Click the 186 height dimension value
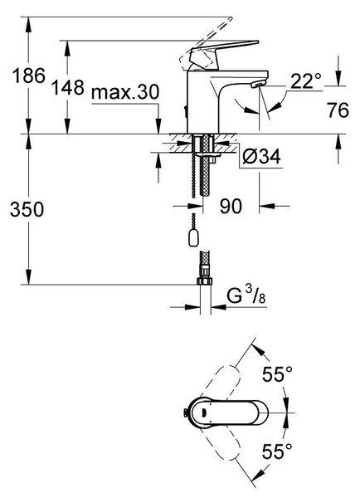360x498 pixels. [29, 76]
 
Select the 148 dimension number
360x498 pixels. [68, 87]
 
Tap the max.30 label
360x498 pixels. [125, 92]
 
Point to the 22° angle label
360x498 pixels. [306, 81]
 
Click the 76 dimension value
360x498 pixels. [338, 110]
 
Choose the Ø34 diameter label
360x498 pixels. [261, 156]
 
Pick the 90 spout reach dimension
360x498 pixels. [231, 206]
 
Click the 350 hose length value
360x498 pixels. [27, 210]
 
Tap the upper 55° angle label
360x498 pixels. [277, 373]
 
